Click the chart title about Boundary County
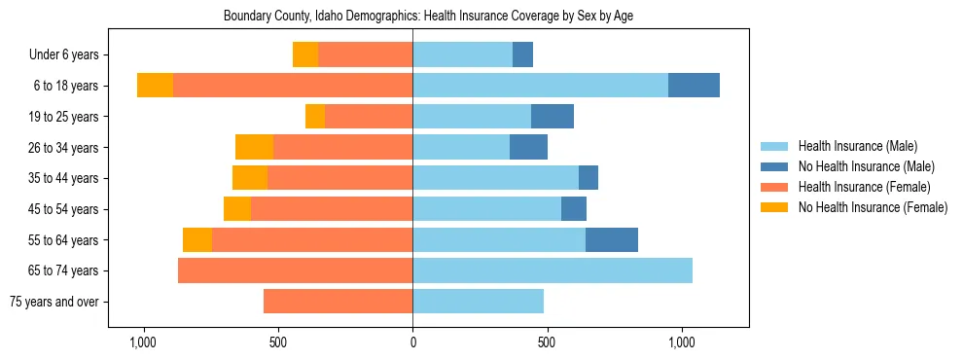pyautogui.click(x=428, y=17)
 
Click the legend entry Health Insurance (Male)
pyautogui.click(x=857, y=146)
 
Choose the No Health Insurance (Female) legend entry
pyautogui.click(x=873, y=207)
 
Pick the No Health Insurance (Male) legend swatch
pyautogui.click(x=774, y=166)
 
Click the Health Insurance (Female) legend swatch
pyautogui.click(x=774, y=187)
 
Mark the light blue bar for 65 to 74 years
pyautogui.click(x=553, y=270)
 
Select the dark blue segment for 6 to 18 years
pyautogui.click(x=694, y=86)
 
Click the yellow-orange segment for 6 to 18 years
pyautogui.click(x=155, y=86)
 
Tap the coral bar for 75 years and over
pyautogui.click(x=338, y=302)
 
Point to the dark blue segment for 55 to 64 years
pyautogui.click(x=611, y=240)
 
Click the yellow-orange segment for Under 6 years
pyautogui.click(x=305, y=55)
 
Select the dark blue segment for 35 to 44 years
pyautogui.click(x=588, y=178)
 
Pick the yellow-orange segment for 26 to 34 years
pyautogui.click(x=254, y=148)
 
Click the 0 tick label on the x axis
pyautogui.click(x=412, y=342)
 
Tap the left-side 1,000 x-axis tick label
pyautogui.click(x=143, y=342)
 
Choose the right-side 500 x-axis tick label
pyautogui.click(x=547, y=342)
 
